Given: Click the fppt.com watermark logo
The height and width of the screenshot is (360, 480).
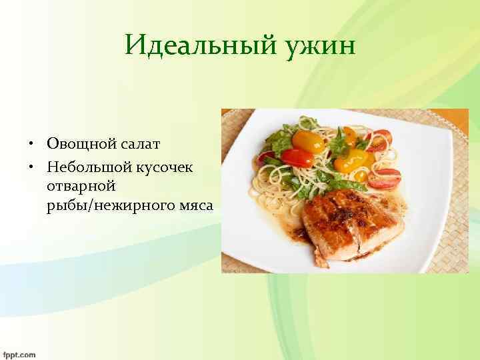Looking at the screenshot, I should coord(19,354).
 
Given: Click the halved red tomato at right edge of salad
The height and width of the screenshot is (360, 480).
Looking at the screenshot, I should coord(385,178).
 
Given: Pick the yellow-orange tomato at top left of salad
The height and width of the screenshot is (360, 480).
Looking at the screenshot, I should coord(299,141).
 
